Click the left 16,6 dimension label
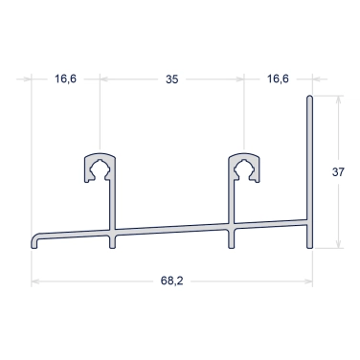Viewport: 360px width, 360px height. (65, 79)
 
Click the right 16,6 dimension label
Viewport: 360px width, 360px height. (278, 79)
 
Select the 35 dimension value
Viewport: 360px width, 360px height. (171, 79)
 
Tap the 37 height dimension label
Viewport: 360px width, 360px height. (338, 172)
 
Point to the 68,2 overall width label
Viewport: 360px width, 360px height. (172, 281)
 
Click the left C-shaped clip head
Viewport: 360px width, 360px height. (100, 168)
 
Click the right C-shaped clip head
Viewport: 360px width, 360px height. (244, 168)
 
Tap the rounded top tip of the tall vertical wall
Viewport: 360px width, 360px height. (309, 97)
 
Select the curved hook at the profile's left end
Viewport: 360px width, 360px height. (35, 239)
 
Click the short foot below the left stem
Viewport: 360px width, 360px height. (112, 241)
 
